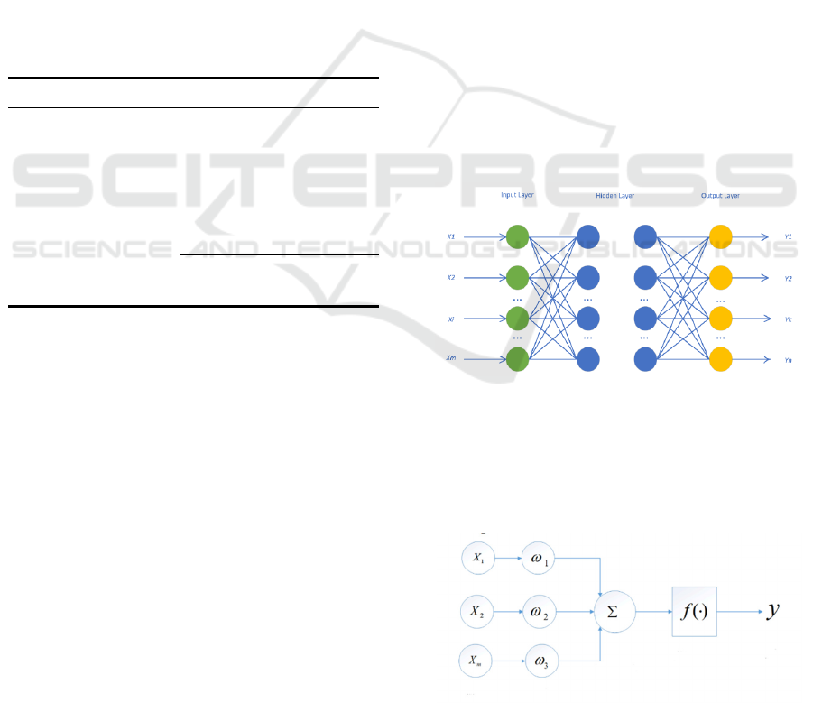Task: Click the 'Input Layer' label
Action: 518,195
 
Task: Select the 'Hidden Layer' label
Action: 615,195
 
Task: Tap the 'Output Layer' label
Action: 720,195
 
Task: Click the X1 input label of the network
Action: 451,236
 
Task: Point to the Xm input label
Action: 451,359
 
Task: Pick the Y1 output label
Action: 788,236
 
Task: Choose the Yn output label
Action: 788,359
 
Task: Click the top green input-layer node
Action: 516,236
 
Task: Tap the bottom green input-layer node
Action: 516,359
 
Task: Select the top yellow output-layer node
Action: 720,236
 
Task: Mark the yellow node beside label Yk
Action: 720,319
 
